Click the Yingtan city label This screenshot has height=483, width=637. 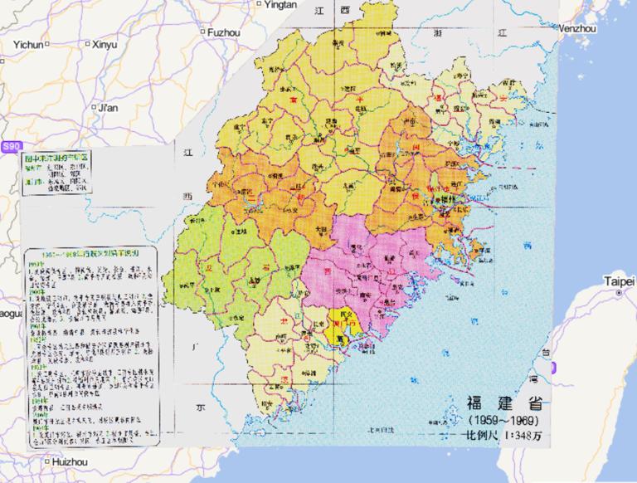[x=283, y=5]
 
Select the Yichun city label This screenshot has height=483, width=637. [x=27, y=44]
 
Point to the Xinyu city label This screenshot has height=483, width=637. [x=105, y=44]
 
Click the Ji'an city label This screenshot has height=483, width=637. [x=109, y=107]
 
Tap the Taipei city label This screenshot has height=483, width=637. [x=621, y=281]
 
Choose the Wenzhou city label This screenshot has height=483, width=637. [x=578, y=27]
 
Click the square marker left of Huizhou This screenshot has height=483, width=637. [x=46, y=461]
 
